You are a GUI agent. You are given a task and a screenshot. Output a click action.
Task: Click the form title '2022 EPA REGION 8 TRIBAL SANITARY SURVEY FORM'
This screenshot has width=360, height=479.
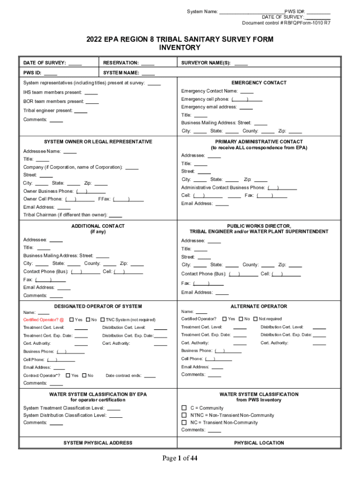click(x=180, y=39)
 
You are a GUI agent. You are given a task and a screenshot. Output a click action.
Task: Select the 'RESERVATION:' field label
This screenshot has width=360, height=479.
click(x=121, y=63)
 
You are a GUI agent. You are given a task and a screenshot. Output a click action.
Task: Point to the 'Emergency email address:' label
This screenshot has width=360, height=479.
click(x=209, y=107)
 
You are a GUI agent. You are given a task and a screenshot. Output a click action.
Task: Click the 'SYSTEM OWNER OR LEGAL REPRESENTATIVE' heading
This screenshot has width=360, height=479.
click(x=98, y=142)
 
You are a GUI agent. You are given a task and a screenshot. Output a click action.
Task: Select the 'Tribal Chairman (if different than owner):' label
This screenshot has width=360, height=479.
click(x=65, y=215)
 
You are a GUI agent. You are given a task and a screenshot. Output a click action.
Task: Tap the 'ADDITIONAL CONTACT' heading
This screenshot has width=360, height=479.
click(x=98, y=226)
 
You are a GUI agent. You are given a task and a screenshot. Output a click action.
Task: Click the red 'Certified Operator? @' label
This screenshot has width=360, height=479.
click(x=43, y=319)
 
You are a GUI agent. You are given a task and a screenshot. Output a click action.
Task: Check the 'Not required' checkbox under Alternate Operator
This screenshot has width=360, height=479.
click(x=255, y=319)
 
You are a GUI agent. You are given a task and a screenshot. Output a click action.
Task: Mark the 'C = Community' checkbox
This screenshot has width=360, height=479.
click(x=184, y=408)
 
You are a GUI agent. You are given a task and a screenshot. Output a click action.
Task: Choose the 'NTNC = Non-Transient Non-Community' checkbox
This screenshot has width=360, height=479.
click(x=184, y=415)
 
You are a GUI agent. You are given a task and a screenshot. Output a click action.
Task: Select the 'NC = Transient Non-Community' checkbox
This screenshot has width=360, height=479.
click(x=184, y=422)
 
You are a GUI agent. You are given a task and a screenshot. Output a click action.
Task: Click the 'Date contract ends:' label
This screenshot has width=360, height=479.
click(x=124, y=376)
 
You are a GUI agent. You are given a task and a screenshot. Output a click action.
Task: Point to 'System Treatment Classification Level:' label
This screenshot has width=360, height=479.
click(x=64, y=408)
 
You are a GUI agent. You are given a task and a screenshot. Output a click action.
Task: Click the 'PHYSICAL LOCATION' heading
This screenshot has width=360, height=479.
click(x=259, y=443)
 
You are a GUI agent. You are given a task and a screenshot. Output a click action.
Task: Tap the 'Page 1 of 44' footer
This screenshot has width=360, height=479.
click(x=180, y=458)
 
